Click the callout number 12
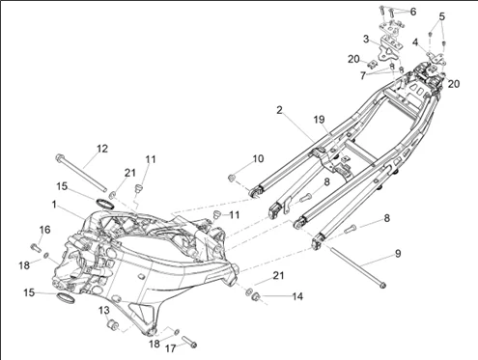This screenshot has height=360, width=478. (x=102, y=149)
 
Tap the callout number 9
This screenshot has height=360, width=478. (x=398, y=254)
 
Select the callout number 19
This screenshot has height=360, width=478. (x=320, y=120)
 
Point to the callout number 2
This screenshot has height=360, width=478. (x=279, y=110)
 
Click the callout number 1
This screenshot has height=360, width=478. (x=54, y=205)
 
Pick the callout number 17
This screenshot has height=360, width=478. (x=171, y=348)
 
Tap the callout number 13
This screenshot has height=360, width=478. (x=104, y=311)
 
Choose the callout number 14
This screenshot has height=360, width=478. (x=297, y=296)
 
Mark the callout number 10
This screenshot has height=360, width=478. (x=258, y=158)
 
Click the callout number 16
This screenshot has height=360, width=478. (x=45, y=230)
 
